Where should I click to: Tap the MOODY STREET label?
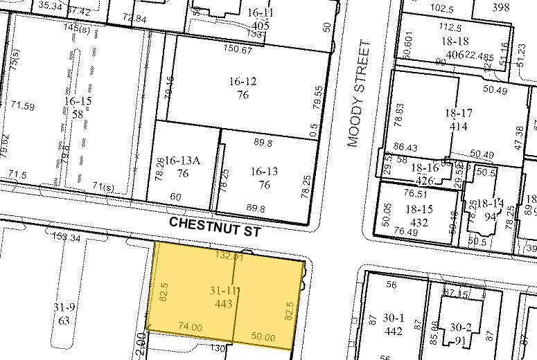coord(356,93)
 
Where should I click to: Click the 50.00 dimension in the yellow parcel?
coord(264,336)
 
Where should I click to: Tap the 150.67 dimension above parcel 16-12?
coord(238,49)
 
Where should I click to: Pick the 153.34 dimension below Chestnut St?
coord(67,237)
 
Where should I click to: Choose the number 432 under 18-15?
coord(419,222)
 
